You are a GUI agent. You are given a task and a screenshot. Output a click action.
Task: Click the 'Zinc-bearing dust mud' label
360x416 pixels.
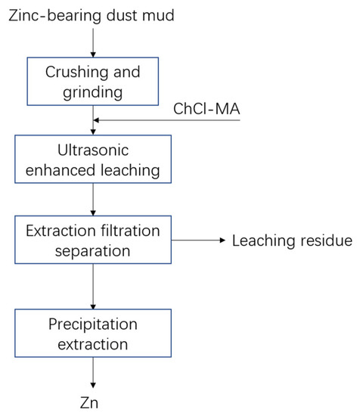[x=92, y=14]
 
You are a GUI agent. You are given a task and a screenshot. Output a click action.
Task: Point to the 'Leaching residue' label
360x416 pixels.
[x=292, y=241]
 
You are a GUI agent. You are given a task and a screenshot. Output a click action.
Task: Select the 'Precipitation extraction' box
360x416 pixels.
[x=92, y=334]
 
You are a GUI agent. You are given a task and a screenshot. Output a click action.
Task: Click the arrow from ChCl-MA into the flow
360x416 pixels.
[x=166, y=120]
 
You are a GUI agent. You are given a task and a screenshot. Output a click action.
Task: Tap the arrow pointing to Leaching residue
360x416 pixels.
[x=200, y=241]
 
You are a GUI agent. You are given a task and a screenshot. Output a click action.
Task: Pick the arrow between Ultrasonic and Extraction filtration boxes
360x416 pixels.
[x=92, y=199]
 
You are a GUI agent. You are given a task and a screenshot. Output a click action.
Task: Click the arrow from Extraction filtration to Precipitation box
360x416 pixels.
[x=92, y=286]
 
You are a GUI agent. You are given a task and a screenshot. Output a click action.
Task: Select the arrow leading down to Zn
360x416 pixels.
[x=92, y=373]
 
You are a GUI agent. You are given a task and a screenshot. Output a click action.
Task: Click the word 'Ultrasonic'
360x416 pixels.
[x=92, y=151]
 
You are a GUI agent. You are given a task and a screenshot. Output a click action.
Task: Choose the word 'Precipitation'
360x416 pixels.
[x=92, y=324]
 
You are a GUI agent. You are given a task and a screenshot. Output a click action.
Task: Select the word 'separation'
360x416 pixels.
[x=92, y=249]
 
